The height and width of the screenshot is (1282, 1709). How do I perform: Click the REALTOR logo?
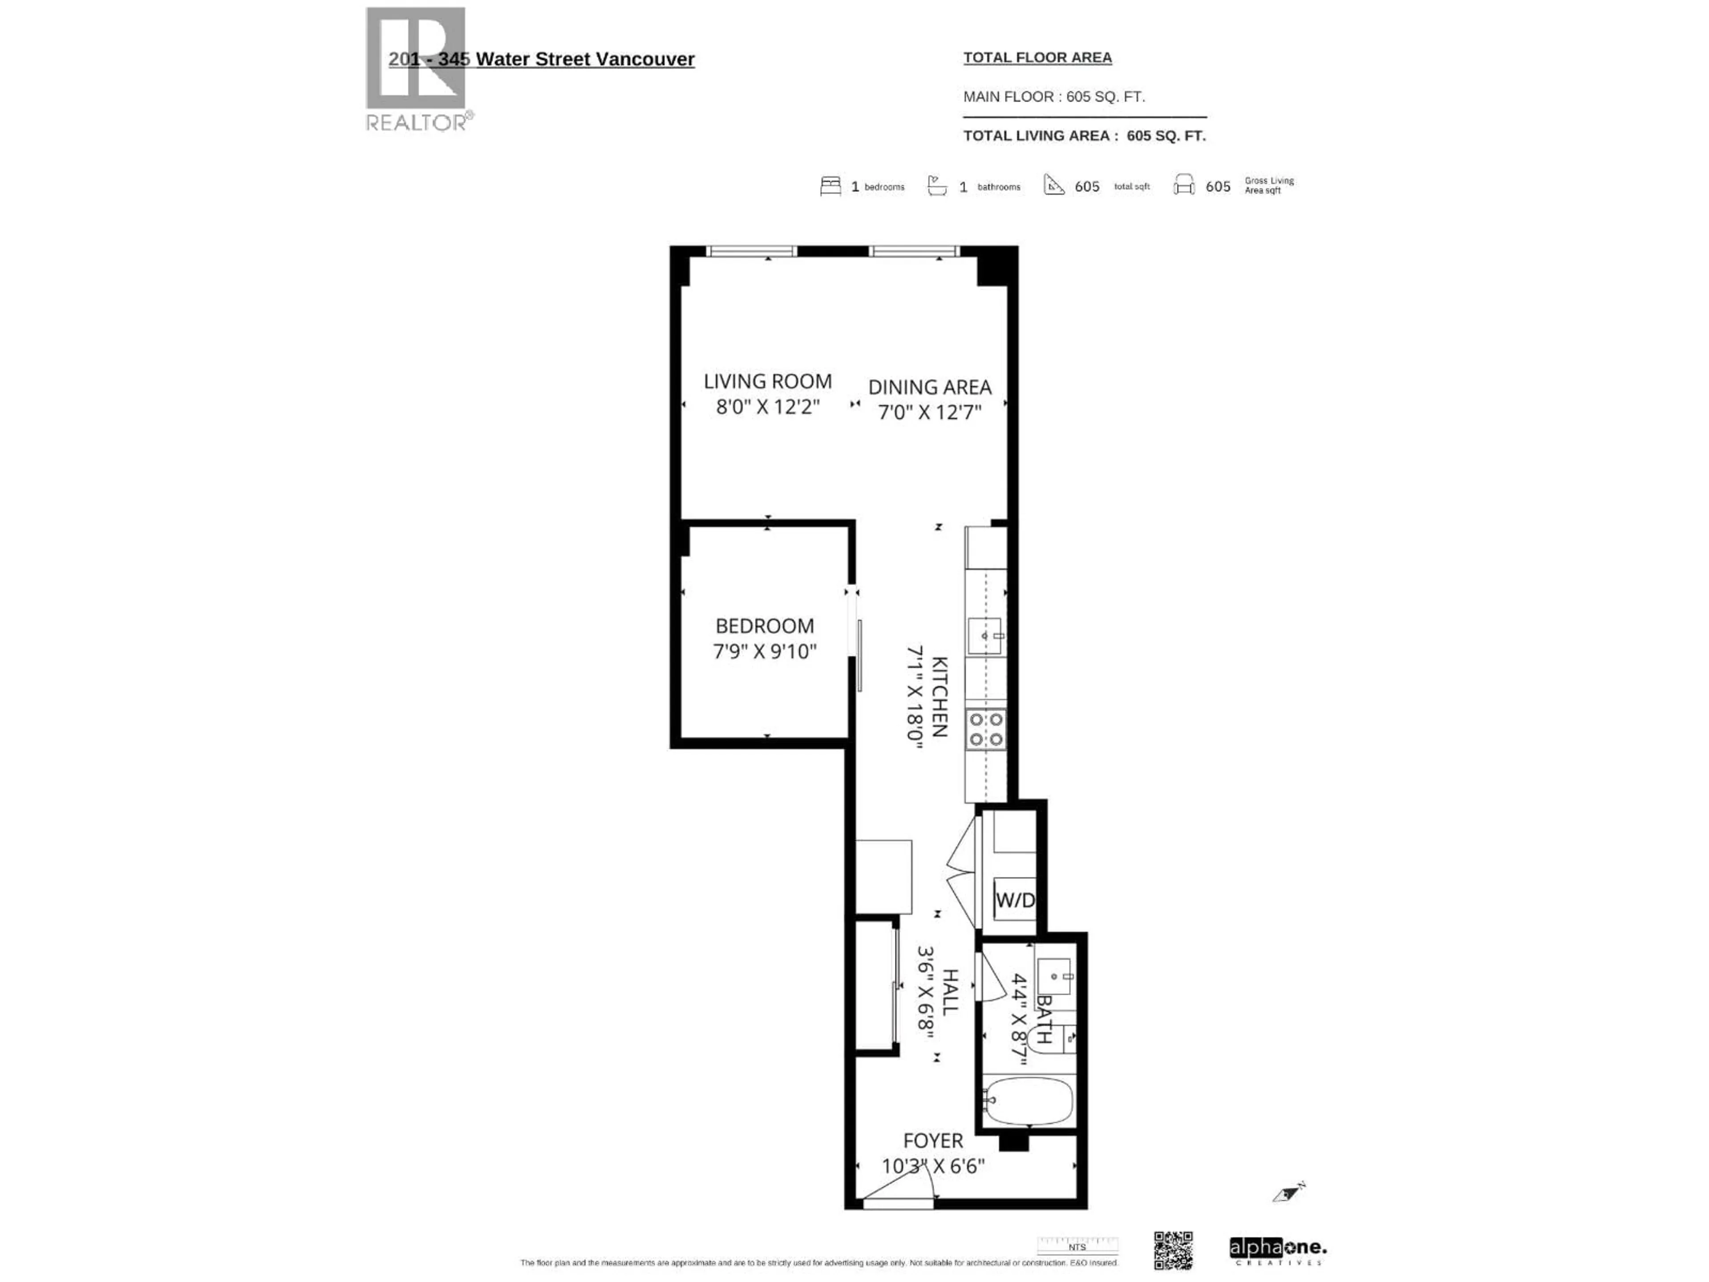pos(417,69)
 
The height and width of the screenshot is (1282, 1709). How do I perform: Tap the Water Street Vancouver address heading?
pos(541,60)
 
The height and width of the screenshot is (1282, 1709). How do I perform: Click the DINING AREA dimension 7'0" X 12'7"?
pos(929,412)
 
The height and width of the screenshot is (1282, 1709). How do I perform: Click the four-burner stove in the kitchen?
pos(986,730)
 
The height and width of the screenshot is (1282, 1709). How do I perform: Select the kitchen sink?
pos(984,636)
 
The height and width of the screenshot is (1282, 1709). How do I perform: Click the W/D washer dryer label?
pos(1014,900)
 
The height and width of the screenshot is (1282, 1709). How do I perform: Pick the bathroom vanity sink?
pos(1054,977)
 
